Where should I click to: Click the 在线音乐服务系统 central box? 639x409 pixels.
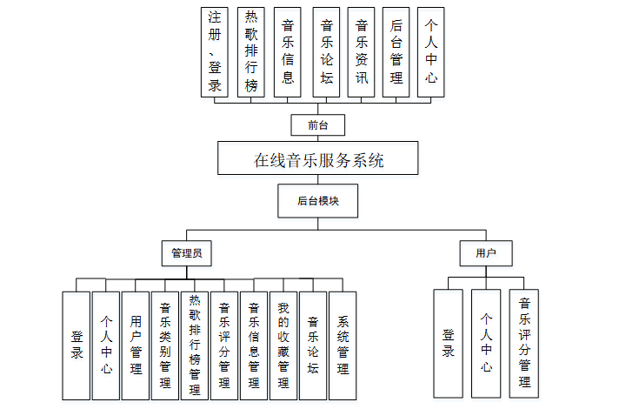[x=318, y=160]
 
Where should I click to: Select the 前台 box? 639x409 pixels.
[x=318, y=125]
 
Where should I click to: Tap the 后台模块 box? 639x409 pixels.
[x=318, y=200]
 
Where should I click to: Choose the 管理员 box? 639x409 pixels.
[x=187, y=253]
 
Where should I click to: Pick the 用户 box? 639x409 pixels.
[x=486, y=253]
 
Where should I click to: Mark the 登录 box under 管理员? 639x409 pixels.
[x=77, y=345]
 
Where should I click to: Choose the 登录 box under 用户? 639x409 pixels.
[x=449, y=344]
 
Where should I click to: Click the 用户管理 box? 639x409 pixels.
[x=136, y=345]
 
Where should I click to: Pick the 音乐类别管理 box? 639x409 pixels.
[x=165, y=345]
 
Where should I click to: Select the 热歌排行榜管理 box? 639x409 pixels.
[x=195, y=345]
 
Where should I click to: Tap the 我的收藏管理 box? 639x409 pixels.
[x=283, y=345]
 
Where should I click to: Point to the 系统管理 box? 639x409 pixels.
[x=343, y=345]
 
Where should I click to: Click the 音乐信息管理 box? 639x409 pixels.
[x=254, y=345]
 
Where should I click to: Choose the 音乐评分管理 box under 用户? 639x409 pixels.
[x=524, y=344]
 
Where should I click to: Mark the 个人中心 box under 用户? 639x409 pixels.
[x=486, y=344]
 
